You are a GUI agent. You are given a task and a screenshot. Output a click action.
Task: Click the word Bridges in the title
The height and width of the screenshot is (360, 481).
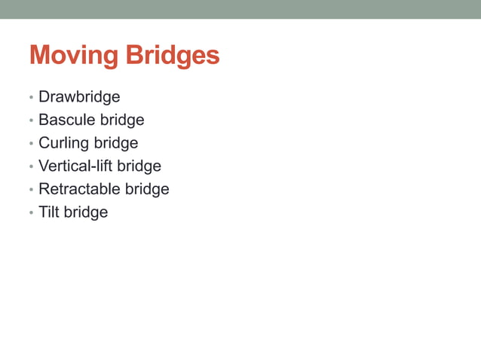[x=172, y=56]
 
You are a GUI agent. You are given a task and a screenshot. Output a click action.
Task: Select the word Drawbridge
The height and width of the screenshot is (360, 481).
[x=79, y=97]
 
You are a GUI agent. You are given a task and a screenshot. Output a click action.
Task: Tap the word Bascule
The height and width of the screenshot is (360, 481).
[x=63, y=120]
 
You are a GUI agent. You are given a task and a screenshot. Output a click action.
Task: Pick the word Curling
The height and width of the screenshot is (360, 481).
[x=63, y=143]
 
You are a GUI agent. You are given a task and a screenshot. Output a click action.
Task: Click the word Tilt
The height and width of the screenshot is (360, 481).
[x=48, y=212]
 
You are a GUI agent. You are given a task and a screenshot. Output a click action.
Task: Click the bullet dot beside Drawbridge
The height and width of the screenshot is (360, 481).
[x=31, y=99]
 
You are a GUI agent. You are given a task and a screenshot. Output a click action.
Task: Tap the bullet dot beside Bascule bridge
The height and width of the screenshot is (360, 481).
[x=31, y=121]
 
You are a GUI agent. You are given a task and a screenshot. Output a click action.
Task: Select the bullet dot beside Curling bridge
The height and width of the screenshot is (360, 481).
[x=31, y=145]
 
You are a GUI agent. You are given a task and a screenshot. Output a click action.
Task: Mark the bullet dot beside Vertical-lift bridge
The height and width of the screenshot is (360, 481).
[x=31, y=167]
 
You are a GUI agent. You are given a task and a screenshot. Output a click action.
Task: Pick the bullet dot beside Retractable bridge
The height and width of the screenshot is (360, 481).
[x=31, y=191]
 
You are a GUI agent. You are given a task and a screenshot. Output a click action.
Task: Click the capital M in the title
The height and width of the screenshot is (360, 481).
[x=40, y=56]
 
